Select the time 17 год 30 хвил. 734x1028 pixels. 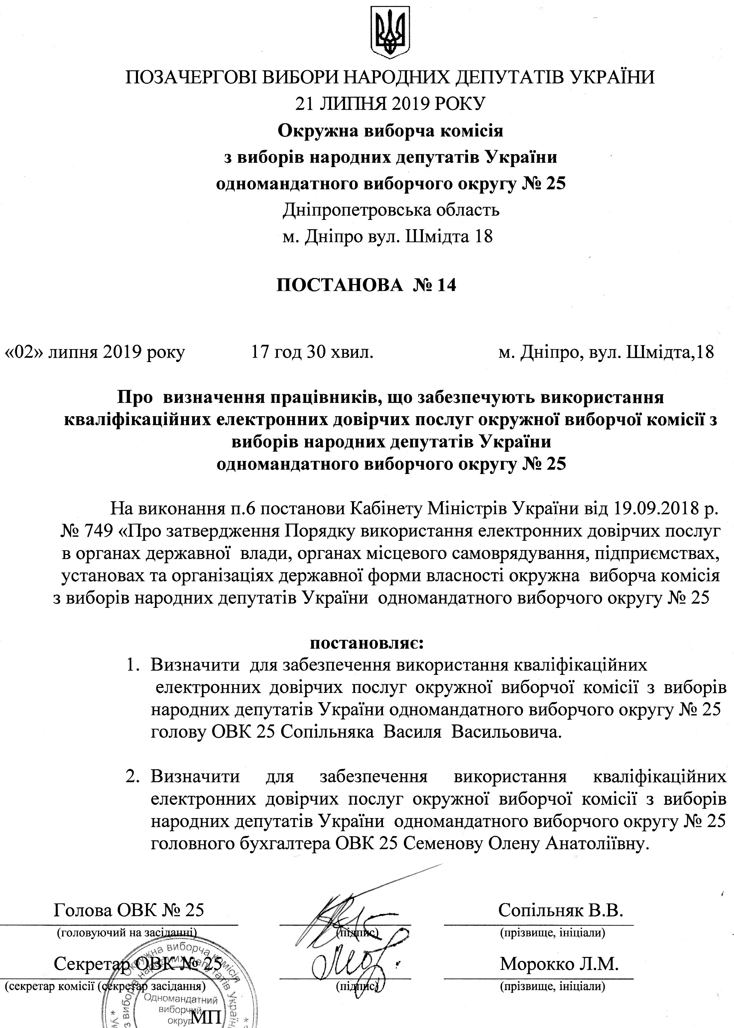point(311,352)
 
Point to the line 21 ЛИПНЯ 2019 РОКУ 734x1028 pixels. point(390,104)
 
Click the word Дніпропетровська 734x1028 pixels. point(356,210)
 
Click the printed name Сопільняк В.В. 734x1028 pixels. point(560,907)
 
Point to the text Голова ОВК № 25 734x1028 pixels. point(129,907)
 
